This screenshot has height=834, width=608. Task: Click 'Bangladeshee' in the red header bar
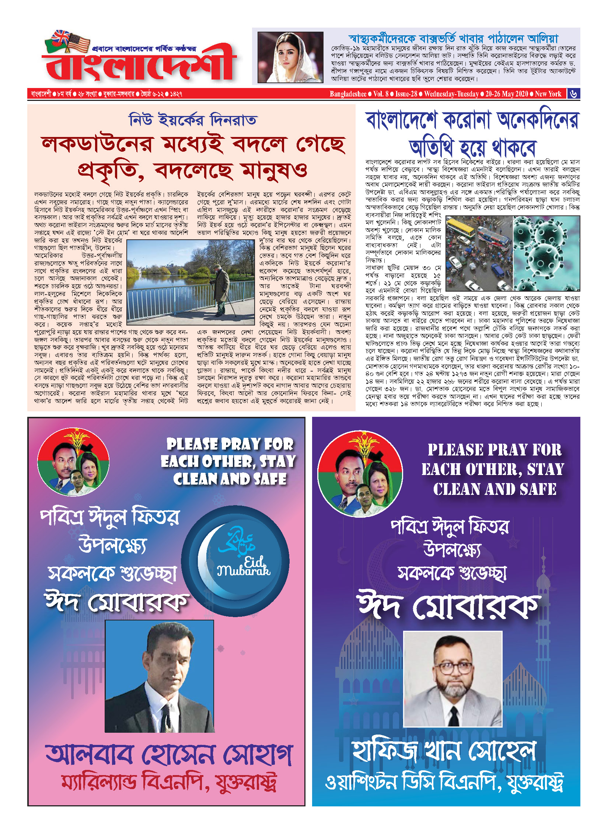click(x=348, y=94)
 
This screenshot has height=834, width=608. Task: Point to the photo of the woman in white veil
click(x=290, y=57)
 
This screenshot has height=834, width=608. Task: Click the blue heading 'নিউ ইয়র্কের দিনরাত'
click(x=192, y=120)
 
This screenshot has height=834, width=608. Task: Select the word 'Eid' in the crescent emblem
click(x=255, y=562)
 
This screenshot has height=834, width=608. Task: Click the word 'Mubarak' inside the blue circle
click(x=244, y=571)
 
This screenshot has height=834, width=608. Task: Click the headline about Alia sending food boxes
click(x=453, y=38)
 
